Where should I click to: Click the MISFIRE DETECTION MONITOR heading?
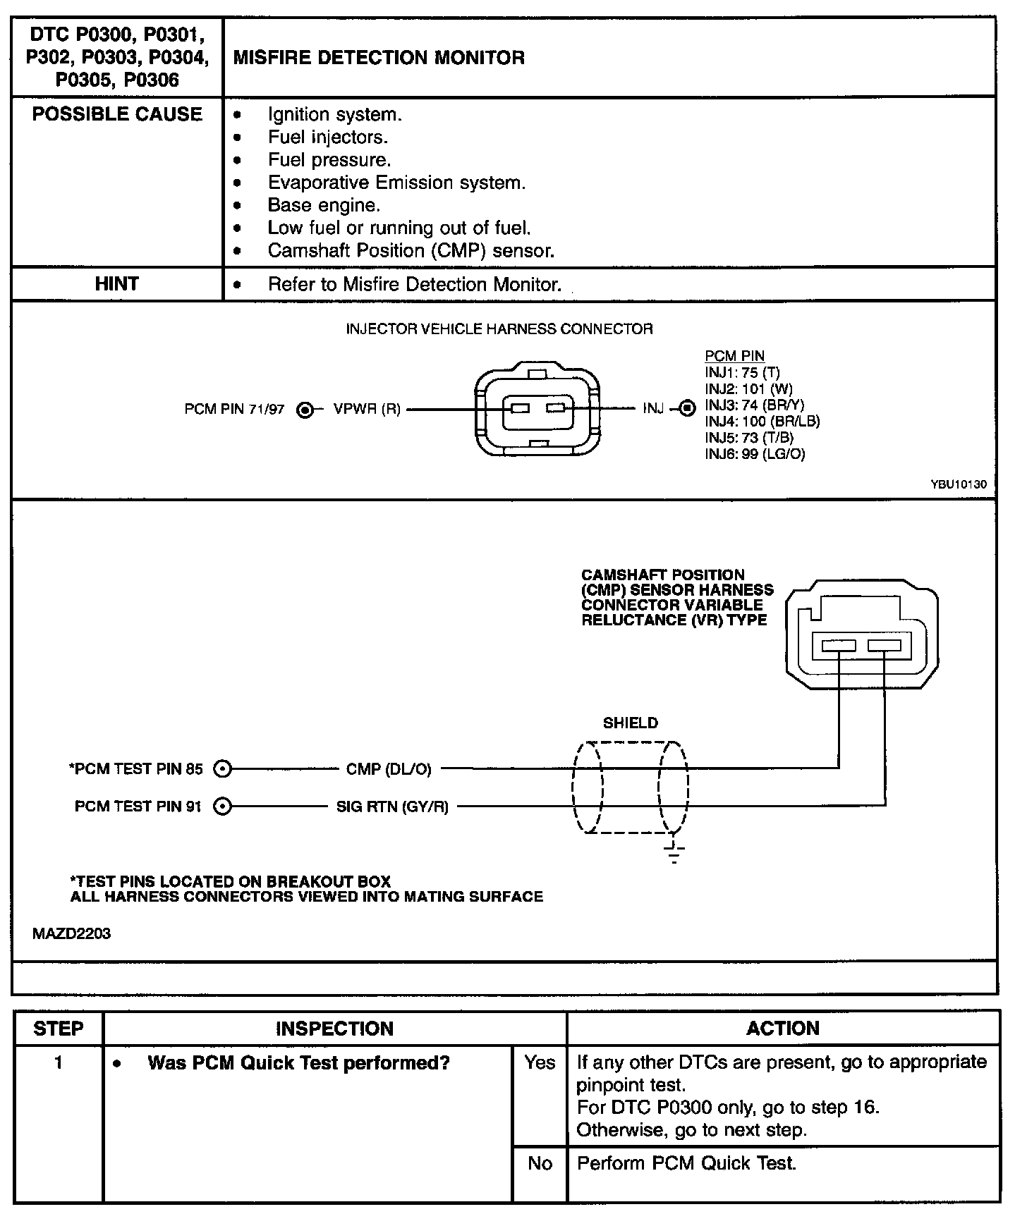[x=379, y=58]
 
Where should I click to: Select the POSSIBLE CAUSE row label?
[x=117, y=114]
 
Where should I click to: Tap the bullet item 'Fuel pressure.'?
[x=329, y=160]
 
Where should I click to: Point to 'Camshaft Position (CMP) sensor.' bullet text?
[x=411, y=251]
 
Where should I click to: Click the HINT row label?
[x=117, y=284]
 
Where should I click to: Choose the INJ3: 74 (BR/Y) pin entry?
[x=754, y=405]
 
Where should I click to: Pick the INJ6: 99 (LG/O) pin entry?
[x=754, y=454]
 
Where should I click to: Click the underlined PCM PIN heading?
[x=734, y=357]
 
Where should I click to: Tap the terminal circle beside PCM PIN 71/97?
[x=305, y=410]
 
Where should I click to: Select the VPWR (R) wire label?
[x=367, y=410]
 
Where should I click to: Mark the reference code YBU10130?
[x=959, y=485]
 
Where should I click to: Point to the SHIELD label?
[x=630, y=723]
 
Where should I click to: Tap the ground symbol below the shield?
[x=674, y=853]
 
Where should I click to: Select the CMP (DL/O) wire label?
[x=389, y=769]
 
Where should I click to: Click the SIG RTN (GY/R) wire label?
[x=392, y=807]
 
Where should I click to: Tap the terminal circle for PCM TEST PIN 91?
[x=222, y=806]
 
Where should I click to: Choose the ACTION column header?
[x=783, y=1029]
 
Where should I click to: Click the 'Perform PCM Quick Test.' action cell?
[x=686, y=1163]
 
